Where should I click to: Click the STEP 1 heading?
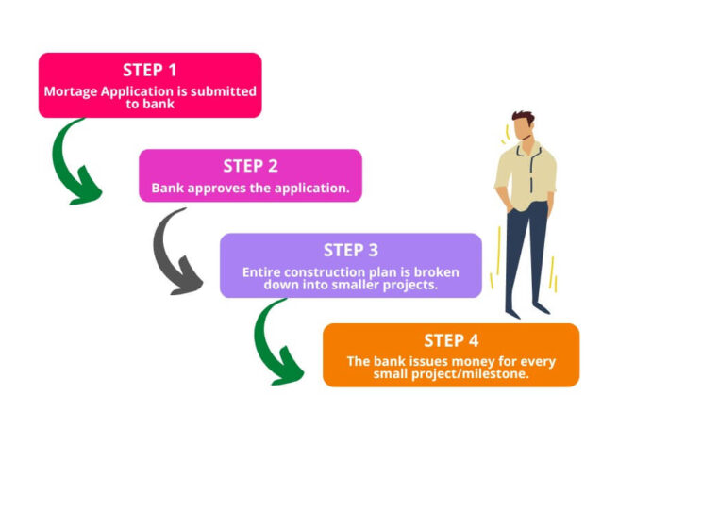[149, 70]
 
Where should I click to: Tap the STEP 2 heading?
[250, 166]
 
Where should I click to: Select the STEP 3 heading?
[350, 250]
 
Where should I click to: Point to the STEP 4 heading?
[451, 340]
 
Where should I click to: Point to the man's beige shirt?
[526, 174]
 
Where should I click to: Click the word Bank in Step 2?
[169, 188]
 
